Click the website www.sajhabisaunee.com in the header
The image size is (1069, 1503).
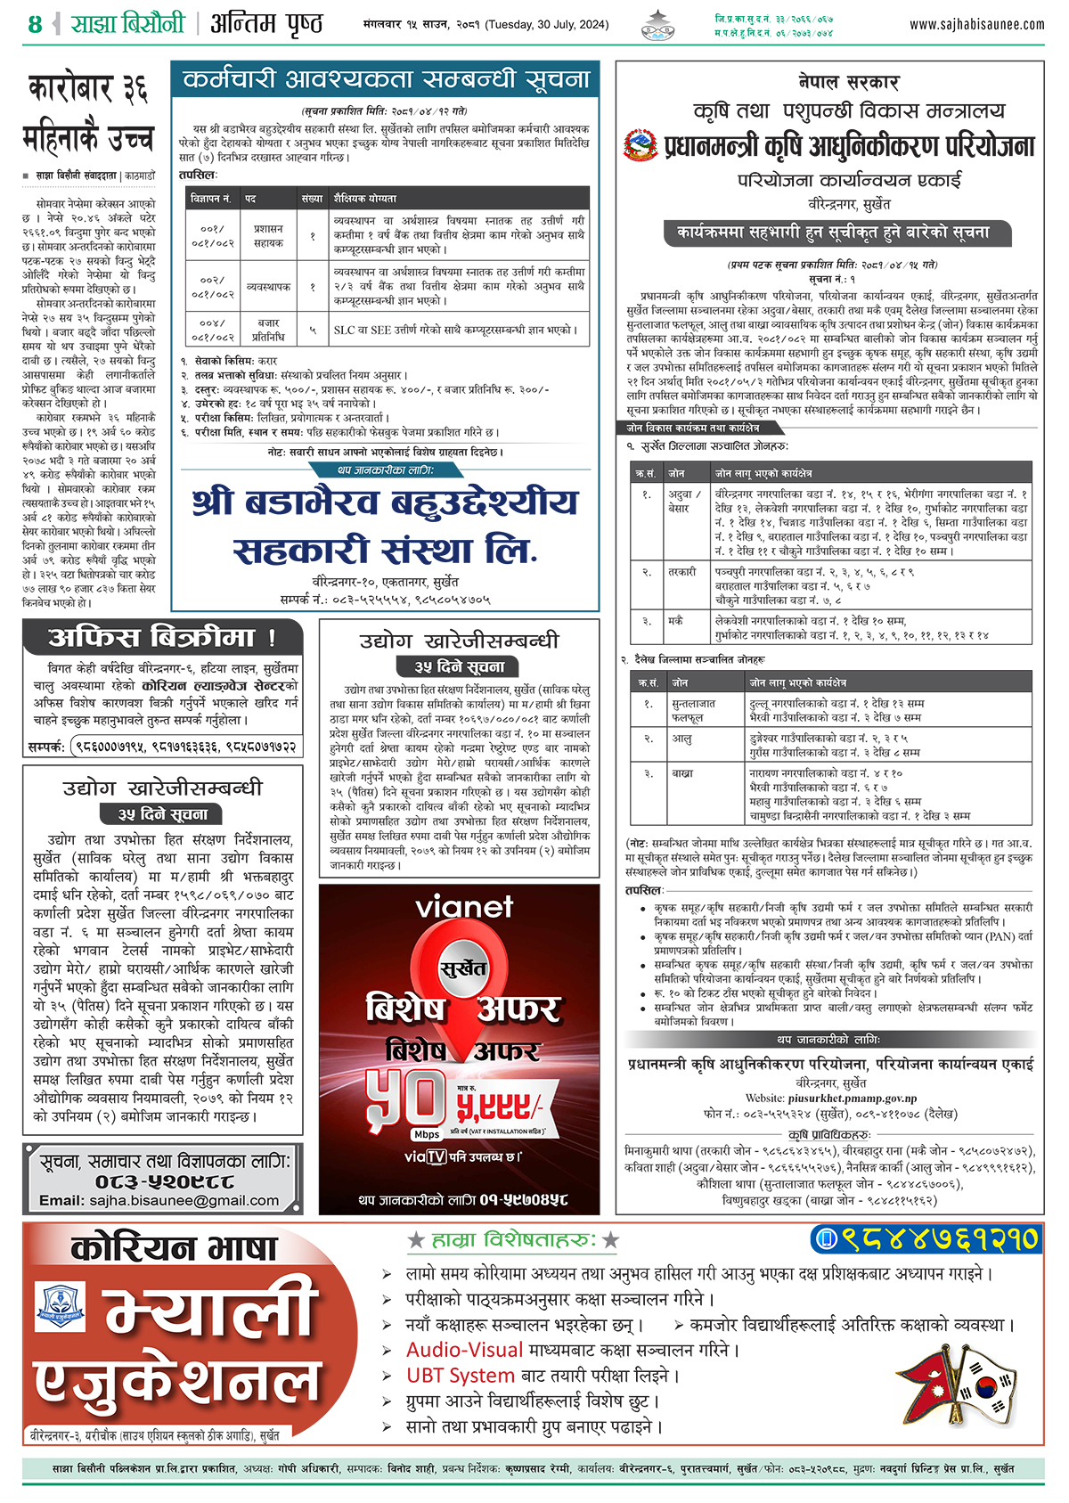(976, 24)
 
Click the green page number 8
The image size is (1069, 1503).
(35, 24)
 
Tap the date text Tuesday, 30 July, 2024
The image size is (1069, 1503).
(547, 24)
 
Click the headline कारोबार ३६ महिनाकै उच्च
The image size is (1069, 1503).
(88, 113)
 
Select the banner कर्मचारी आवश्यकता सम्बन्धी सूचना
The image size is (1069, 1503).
(385, 80)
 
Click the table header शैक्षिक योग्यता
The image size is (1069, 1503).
(365, 198)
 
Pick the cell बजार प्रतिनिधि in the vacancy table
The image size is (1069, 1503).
(268, 330)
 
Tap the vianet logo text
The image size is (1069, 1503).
(463, 908)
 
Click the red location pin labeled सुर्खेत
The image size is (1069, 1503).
(462, 969)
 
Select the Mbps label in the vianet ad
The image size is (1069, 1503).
(427, 1134)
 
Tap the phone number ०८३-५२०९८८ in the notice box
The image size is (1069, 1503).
(165, 1181)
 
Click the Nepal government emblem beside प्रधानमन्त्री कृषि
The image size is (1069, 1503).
(640, 145)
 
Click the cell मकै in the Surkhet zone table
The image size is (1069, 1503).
(677, 620)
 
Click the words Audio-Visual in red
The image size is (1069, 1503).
(464, 1350)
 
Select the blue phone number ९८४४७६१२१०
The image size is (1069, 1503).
(927, 1238)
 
